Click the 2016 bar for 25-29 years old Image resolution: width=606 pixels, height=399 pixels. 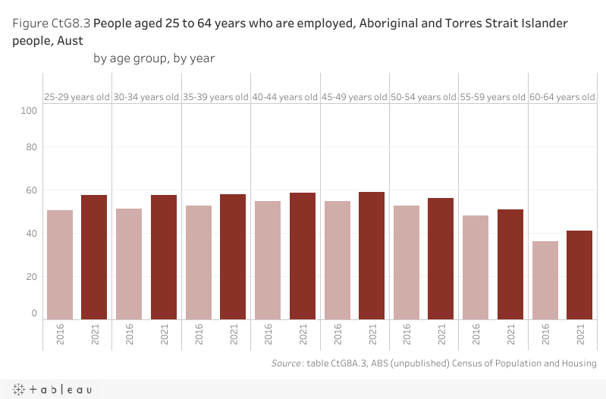(x=59, y=265)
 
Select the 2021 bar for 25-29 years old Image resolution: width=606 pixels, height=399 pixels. (x=94, y=257)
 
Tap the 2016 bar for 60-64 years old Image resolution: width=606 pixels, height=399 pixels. (x=545, y=280)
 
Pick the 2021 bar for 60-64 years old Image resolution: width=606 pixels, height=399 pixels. (x=579, y=275)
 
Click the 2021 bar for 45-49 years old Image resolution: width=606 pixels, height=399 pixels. (x=372, y=256)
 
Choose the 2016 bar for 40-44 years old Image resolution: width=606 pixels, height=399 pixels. (x=268, y=260)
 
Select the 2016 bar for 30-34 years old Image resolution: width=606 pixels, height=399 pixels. (x=129, y=264)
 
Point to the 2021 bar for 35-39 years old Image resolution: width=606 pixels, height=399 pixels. (x=233, y=257)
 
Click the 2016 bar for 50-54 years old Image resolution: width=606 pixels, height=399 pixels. (x=407, y=262)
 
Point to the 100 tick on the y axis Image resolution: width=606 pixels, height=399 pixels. (x=30, y=111)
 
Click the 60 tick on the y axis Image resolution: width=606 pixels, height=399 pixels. (x=31, y=190)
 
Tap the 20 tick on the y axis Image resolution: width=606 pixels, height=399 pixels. (x=31, y=276)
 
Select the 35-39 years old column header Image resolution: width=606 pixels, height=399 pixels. (x=215, y=97)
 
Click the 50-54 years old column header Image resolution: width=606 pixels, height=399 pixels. (x=423, y=97)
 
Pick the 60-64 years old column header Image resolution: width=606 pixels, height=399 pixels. (x=562, y=97)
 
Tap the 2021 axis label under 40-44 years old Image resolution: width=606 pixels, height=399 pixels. (x=303, y=335)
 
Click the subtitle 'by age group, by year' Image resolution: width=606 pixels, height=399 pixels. (x=154, y=58)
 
